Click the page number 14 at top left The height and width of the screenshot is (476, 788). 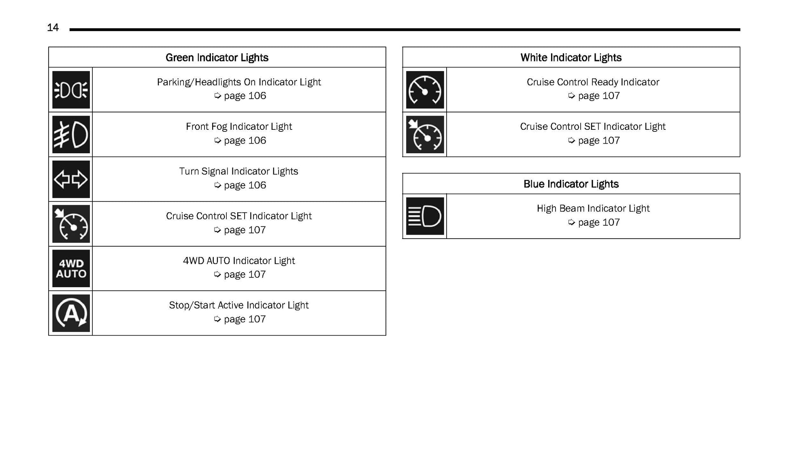(x=53, y=28)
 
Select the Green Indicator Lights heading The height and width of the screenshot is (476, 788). (x=217, y=57)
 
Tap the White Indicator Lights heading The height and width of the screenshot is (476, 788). (x=571, y=57)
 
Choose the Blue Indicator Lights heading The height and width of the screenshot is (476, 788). (x=571, y=184)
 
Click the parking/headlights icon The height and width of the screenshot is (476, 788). (x=71, y=90)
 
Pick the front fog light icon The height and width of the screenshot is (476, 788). (x=71, y=135)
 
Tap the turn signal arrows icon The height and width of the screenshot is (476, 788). (x=71, y=179)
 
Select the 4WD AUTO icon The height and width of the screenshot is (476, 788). (x=71, y=269)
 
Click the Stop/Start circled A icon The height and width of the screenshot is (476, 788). (x=71, y=313)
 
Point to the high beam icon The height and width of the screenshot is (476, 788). (x=425, y=216)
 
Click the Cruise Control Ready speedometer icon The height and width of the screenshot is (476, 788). (x=425, y=90)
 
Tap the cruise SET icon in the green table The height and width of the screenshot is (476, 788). (x=71, y=224)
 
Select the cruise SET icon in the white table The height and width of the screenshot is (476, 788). (x=425, y=135)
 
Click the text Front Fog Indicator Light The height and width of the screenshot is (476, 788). (x=239, y=127)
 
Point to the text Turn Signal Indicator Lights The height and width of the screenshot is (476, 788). (x=239, y=171)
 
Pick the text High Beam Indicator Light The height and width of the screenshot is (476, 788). (x=593, y=209)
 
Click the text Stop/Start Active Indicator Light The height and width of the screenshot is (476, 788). (x=239, y=305)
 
